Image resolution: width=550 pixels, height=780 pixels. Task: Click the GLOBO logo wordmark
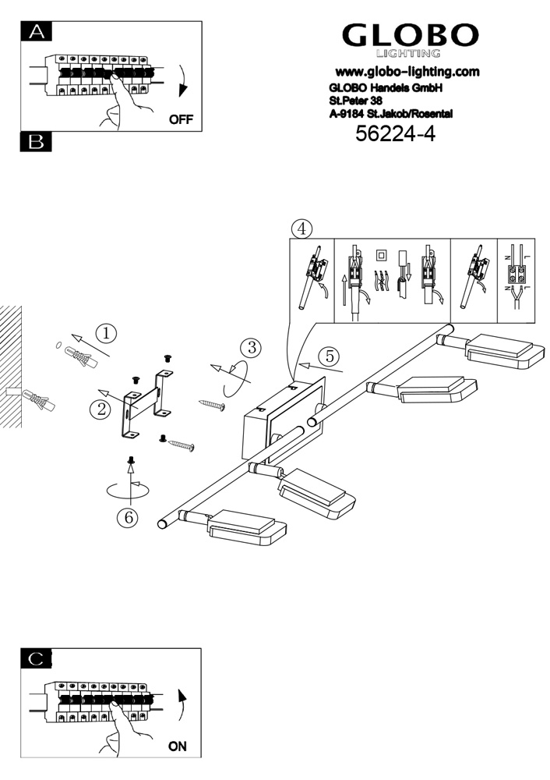(411, 35)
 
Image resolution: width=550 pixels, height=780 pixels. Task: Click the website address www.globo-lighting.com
(407, 71)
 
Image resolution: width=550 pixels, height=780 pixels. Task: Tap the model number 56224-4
(394, 134)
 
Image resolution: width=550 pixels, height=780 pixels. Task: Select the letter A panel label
(36, 31)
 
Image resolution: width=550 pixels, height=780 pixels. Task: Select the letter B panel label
(36, 142)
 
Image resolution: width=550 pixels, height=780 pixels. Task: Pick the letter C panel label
(36, 658)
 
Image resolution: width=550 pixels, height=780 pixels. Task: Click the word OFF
(180, 120)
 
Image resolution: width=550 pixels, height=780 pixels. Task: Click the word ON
(178, 746)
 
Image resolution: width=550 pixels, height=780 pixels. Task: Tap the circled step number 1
(107, 333)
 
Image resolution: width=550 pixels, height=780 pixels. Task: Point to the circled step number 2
(99, 409)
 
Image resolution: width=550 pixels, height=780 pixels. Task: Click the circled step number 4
(301, 229)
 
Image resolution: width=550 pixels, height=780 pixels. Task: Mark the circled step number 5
(330, 356)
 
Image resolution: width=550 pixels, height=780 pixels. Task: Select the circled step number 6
(127, 516)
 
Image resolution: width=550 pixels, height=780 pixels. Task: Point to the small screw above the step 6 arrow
(132, 463)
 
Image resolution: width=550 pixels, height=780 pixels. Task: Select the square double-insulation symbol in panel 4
(381, 254)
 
